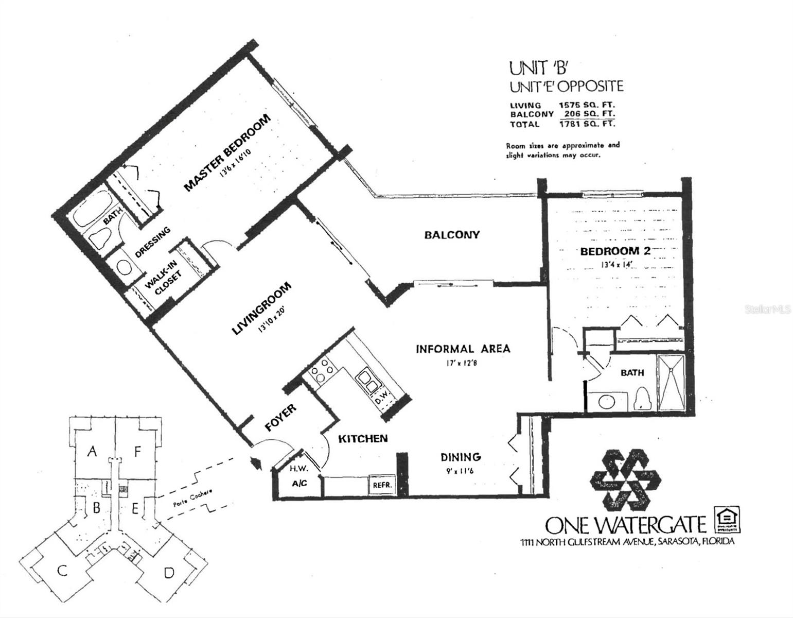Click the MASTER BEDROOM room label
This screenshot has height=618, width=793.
(x=227, y=153)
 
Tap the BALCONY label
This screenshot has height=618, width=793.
(x=452, y=235)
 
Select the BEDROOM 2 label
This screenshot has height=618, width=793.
(x=615, y=251)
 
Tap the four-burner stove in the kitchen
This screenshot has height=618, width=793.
(x=321, y=370)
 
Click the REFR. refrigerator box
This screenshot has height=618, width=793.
(x=381, y=485)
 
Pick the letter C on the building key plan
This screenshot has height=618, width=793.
(x=62, y=571)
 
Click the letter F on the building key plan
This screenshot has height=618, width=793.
(x=137, y=452)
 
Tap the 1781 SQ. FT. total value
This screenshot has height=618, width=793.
(x=587, y=124)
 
